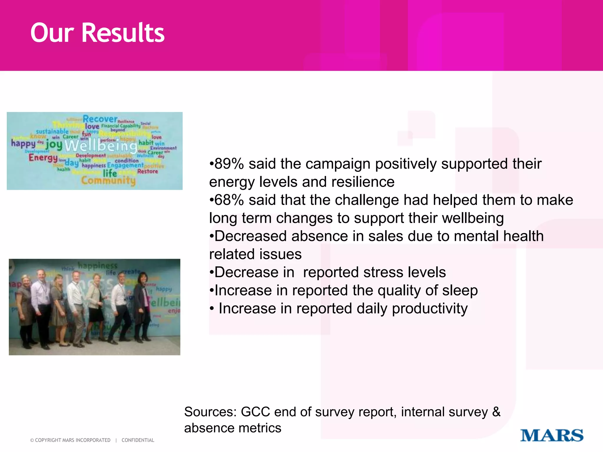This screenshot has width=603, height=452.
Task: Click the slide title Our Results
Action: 97,33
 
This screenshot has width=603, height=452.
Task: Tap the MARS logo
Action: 551,436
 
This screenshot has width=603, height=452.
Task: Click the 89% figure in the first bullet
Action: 229,164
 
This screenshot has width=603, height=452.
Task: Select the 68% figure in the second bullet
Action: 229,200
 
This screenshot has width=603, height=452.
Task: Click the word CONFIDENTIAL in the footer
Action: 138,440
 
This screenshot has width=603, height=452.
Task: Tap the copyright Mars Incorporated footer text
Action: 70,440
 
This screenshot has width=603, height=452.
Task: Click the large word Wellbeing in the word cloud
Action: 101,146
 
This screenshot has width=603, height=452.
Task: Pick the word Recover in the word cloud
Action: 100,119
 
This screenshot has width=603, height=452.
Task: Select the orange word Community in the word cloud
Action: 108,180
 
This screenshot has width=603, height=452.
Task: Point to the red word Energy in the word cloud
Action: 43,158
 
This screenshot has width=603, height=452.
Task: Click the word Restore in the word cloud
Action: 148,171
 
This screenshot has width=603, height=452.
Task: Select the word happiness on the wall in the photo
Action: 97,266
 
